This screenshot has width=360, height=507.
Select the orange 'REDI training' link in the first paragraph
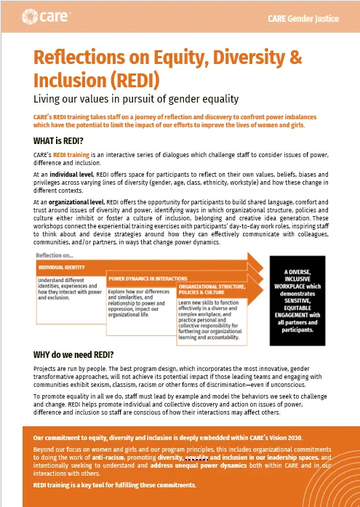click(x=73, y=156)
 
